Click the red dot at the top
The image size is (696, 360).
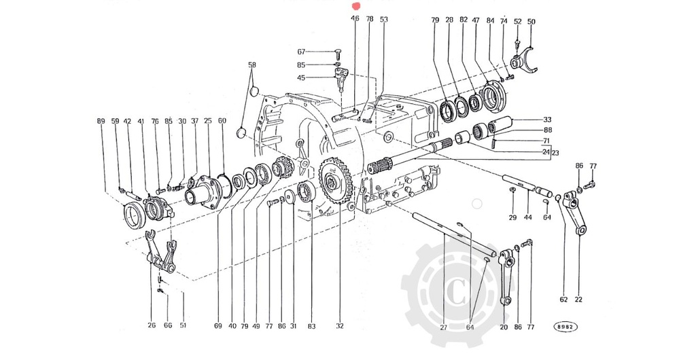pos(353,5)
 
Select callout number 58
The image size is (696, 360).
pos(252,65)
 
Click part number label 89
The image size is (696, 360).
pos(101,121)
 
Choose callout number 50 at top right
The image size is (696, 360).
pos(531,22)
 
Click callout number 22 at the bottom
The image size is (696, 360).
pos(578,299)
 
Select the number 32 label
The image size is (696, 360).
pos(339,326)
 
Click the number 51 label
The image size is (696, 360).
pos(183,325)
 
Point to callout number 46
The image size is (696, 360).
pos(355,18)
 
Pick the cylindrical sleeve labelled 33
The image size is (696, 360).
pos(508,126)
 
